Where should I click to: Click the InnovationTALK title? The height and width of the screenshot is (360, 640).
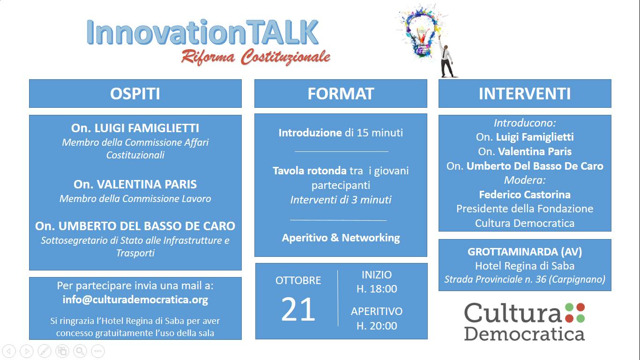[x=202, y=32]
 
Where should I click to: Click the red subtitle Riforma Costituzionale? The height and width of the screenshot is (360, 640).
[x=255, y=57]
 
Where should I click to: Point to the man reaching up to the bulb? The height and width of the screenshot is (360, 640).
[x=447, y=61]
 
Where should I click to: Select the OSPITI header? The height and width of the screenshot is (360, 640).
[x=135, y=94]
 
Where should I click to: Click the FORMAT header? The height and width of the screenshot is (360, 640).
[x=341, y=94]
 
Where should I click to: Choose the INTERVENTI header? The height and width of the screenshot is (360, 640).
[x=525, y=94]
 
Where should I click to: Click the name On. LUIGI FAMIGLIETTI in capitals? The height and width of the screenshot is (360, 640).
[x=135, y=128]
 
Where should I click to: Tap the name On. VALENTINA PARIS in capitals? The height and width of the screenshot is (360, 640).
[x=135, y=184]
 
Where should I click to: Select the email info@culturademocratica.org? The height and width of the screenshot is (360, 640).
[x=135, y=300]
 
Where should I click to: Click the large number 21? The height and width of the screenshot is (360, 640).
[x=298, y=310]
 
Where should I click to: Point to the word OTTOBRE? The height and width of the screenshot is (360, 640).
[x=298, y=280]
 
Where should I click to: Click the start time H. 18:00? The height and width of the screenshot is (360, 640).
[x=377, y=289]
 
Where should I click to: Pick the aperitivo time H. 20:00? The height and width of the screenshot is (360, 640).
[x=377, y=326]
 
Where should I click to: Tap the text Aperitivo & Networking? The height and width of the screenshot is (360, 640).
[x=341, y=238]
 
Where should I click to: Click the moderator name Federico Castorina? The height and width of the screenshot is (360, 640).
[x=525, y=195]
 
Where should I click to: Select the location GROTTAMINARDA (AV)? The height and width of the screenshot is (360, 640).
[x=525, y=252]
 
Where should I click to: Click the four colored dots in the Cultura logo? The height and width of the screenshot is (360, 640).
[x=575, y=313]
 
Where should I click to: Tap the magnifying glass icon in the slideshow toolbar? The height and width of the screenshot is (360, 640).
[x=80, y=351]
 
